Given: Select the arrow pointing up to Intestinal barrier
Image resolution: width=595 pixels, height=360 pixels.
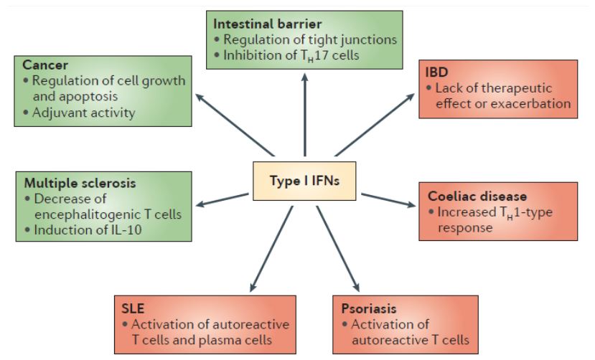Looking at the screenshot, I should [305, 115].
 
